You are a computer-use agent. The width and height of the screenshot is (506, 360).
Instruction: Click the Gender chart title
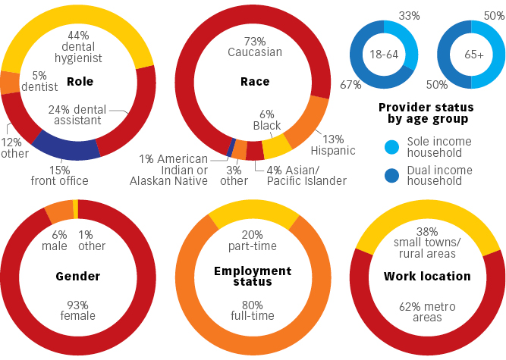coord(78,277)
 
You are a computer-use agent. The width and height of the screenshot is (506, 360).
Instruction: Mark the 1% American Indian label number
coord(148,158)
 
